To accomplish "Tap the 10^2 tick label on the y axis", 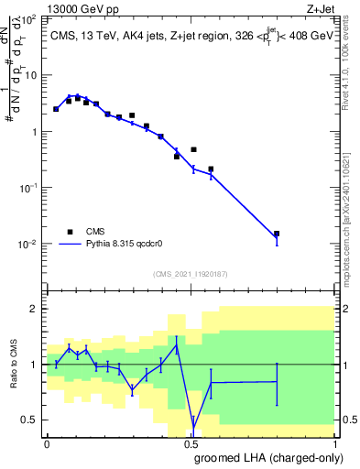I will pos(29,18).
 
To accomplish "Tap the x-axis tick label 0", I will pos(46,444).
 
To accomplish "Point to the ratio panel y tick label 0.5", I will pos(30,420).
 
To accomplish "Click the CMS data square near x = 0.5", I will pos(193,149).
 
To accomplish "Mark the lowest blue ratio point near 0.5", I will pos(193,424).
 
